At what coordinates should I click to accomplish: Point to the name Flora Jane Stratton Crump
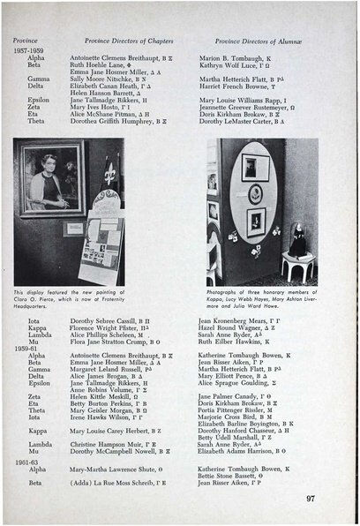[x=117, y=341]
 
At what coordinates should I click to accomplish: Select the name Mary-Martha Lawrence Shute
[x=117, y=470]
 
